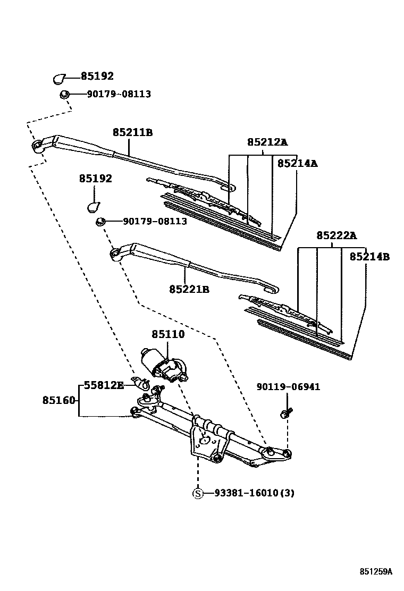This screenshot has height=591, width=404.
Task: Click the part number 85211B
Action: coord(132,132)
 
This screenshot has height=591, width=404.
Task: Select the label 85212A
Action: coord(267,142)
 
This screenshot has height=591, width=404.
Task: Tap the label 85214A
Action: coord(297,164)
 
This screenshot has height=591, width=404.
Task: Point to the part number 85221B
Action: coord(189,289)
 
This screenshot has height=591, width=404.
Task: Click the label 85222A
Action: coord(336,235)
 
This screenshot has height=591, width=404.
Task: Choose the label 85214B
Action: coord(369,257)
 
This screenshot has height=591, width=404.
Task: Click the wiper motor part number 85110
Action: coord(168,334)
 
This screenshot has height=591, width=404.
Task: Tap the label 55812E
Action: coord(104,385)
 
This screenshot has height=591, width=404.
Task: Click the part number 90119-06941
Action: coord(288,387)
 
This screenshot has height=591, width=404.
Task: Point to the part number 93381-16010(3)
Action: coord(254,493)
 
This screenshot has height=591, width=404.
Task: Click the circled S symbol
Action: coord(198,493)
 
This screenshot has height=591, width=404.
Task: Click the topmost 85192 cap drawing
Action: coord(60,79)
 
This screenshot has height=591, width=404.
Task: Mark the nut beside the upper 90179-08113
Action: coord(63,95)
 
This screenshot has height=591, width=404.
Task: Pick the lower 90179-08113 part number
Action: coord(155,221)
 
